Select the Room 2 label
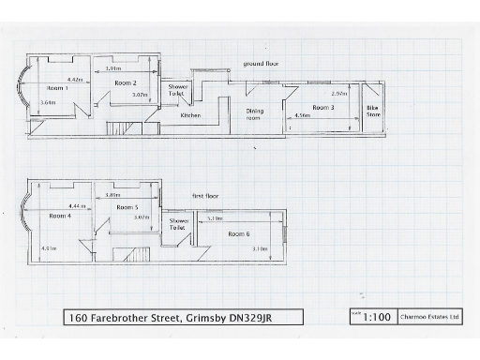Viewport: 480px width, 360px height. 127,83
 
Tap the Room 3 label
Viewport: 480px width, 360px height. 323,108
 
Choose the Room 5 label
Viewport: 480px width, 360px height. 127,207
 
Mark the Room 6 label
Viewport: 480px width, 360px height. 238,233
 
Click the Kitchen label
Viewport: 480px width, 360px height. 190,115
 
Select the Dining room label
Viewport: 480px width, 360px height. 255,115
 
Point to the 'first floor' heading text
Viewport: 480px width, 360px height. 205,196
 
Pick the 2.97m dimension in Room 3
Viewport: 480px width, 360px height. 338,94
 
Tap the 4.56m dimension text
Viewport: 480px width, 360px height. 303,116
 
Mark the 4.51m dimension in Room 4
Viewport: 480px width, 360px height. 50,248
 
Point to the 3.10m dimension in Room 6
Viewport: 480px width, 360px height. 260,248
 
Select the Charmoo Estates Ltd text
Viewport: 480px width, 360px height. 429,318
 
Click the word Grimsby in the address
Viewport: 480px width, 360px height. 206,318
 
